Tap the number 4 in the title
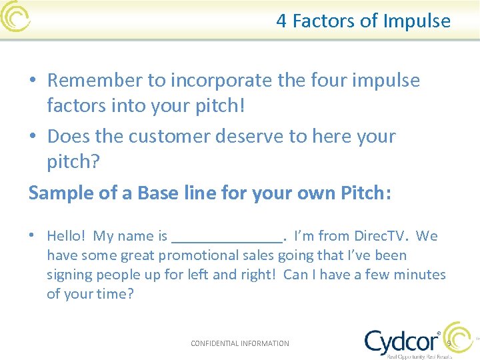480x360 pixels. coord(281,21)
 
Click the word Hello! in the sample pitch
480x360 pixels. coord(67,236)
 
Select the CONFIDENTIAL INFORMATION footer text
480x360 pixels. coord(240,343)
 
